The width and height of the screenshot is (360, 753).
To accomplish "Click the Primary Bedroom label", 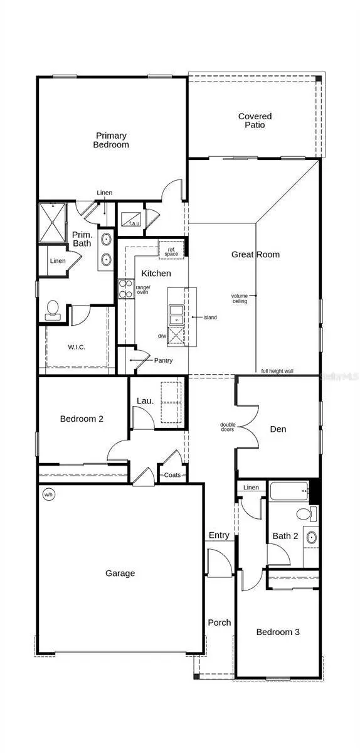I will pyautogui.click(x=112, y=140).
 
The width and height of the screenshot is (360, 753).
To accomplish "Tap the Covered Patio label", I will pyautogui.click(x=255, y=120).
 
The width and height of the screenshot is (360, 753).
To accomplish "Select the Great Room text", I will pyautogui.click(x=255, y=254).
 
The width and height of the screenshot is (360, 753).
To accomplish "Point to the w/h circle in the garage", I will pyautogui.click(x=48, y=494).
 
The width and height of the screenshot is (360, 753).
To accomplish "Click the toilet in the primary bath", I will pyautogui.click(x=53, y=309).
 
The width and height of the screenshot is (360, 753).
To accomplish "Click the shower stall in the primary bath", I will pyautogui.click(x=52, y=222).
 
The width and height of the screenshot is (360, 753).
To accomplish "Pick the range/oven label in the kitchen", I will pyautogui.click(x=142, y=290).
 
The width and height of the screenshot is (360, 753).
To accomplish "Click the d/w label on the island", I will pyautogui.click(x=162, y=336).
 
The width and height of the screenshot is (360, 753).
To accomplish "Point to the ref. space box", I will pyautogui.click(x=171, y=250).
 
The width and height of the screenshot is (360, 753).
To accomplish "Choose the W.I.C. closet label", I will pyautogui.click(x=77, y=347).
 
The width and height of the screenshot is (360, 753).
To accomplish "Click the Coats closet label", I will pyautogui.click(x=172, y=475).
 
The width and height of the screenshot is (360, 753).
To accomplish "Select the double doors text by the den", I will pyautogui.click(x=228, y=427).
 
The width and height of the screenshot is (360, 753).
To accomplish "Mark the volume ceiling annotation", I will pyautogui.click(x=240, y=298).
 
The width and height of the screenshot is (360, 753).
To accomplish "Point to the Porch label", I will pyautogui.click(x=219, y=622).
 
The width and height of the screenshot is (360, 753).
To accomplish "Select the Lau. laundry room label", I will pyautogui.click(x=145, y=401).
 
